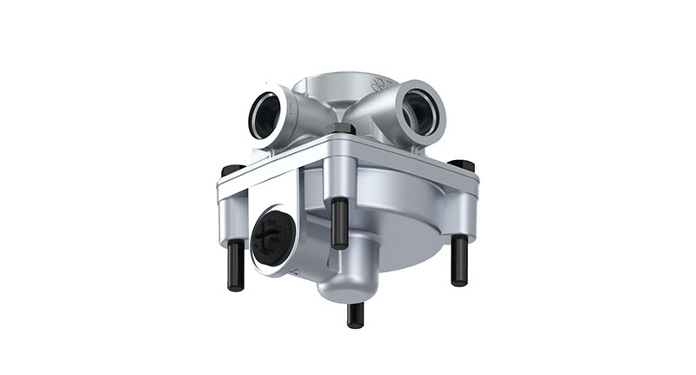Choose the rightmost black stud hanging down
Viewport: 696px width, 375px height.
[458, 261]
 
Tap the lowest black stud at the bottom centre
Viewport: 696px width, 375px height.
[354, 314]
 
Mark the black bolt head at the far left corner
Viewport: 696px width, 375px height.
[231, 170]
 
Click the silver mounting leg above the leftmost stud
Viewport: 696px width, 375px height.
[231, 218]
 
